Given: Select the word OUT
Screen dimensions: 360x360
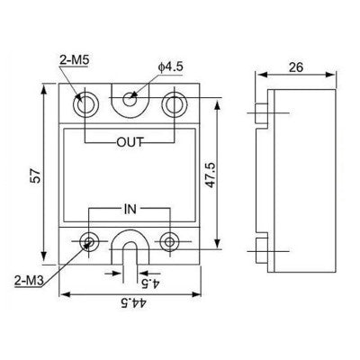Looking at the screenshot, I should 130,142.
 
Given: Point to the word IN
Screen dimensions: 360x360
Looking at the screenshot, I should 130,209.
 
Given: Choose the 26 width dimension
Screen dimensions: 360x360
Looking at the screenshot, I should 293,67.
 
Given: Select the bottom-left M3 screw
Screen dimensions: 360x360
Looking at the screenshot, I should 90,240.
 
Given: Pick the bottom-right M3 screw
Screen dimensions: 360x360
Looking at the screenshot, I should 169,240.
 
